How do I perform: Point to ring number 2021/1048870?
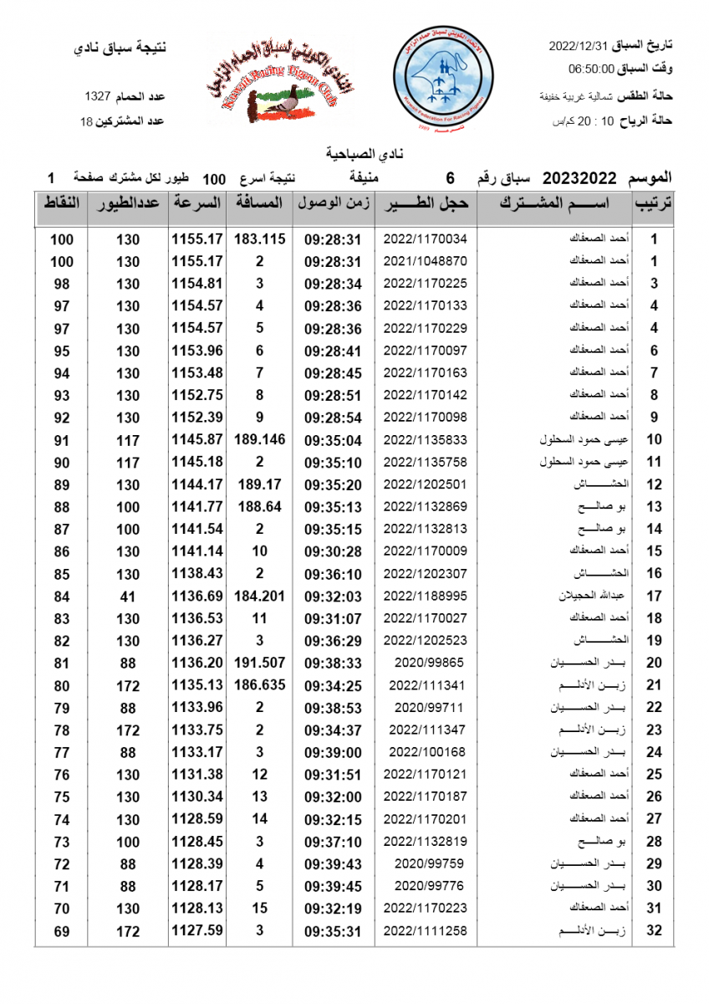coord(426,261)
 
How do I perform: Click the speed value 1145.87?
coord(197,440)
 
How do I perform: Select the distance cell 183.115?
coord(260,239)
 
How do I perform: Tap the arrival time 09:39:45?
coord(333,886)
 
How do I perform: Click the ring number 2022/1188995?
coord(426,597)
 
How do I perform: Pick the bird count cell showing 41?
coord(128,597)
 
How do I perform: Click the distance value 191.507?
coord(260,663)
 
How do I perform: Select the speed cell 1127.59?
coord(197,930)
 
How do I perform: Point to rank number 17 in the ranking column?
coord(655,597)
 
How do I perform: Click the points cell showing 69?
coord(61,930)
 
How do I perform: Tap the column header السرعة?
coord(197,203)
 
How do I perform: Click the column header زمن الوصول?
coord(333,203)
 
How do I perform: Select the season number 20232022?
coord(579,177)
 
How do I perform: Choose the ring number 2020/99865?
coord(426,663)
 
